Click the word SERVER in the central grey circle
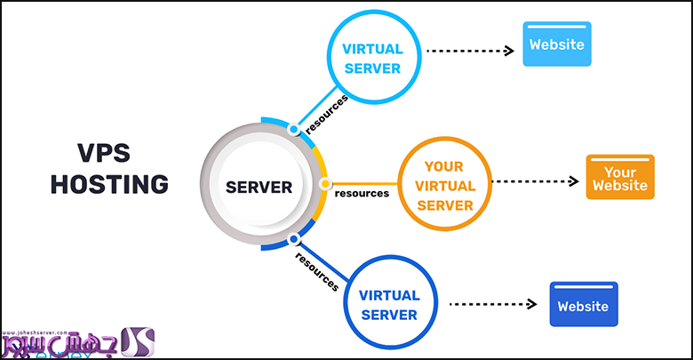[x=259, y=187]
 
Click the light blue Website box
[x=557, y=44]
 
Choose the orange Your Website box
[x=620, y=177]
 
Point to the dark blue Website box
[x=583, y=305]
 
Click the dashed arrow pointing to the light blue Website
[x=470, y=51]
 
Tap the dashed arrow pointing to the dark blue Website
[x=493, y=304]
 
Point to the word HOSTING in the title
[x=109, y=184]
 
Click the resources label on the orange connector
[x=362, y=193]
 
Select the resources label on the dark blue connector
[x=316, y=270]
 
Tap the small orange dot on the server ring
[x=325, y=184]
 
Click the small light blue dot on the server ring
[x=293, y=130]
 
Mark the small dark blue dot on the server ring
[x=292, y=238]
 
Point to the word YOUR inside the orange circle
[x=444, y=164]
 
